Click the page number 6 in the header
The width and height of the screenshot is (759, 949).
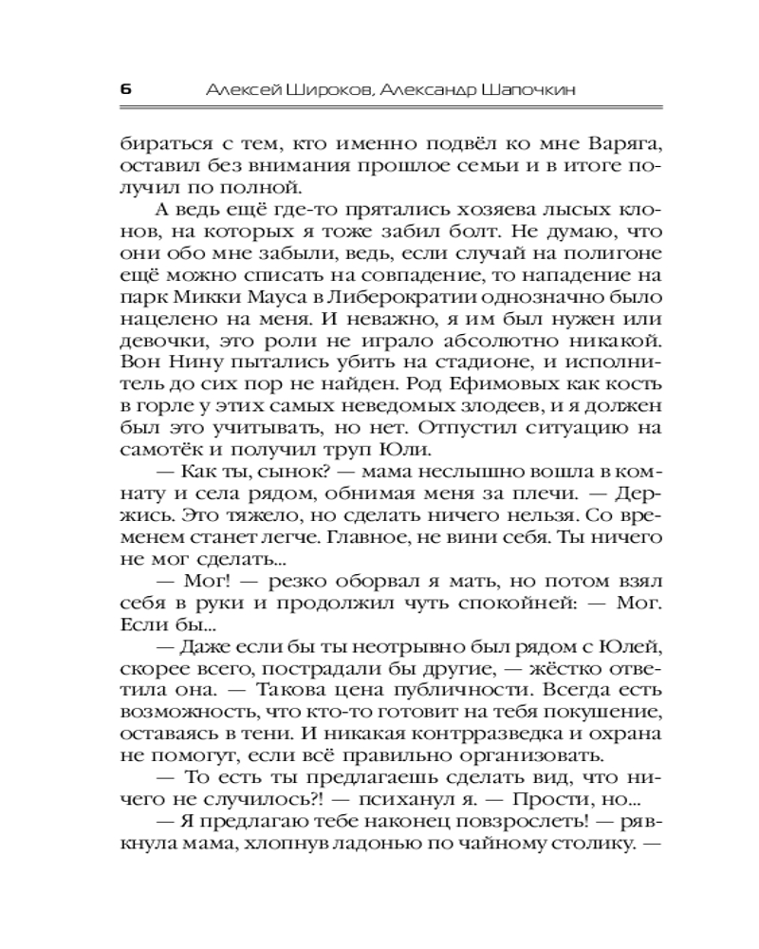[x=125, y=89]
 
